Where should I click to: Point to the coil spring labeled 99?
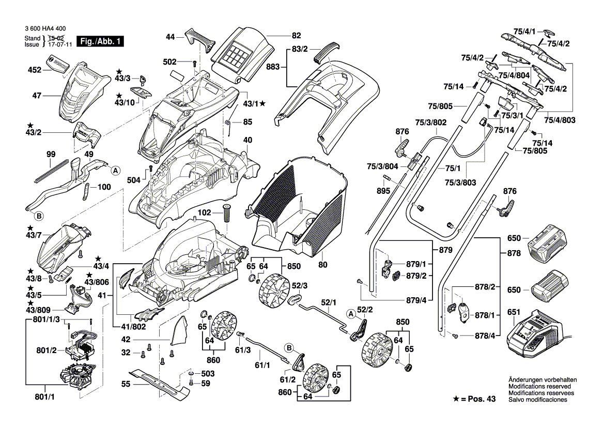52,170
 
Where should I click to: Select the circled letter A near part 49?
116,170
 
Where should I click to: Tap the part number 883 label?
273,68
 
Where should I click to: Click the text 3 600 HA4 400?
45,31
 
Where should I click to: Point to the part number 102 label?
205,212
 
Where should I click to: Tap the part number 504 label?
134,179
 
